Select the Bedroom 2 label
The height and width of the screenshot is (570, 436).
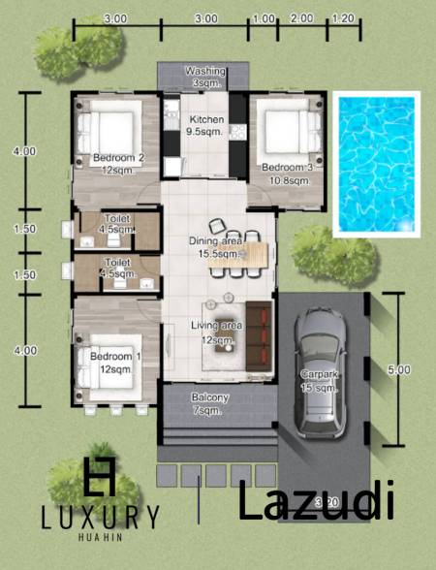coord(118,164)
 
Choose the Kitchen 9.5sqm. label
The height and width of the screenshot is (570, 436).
coord(204,123)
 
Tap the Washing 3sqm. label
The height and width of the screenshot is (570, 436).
coord(204,78)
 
